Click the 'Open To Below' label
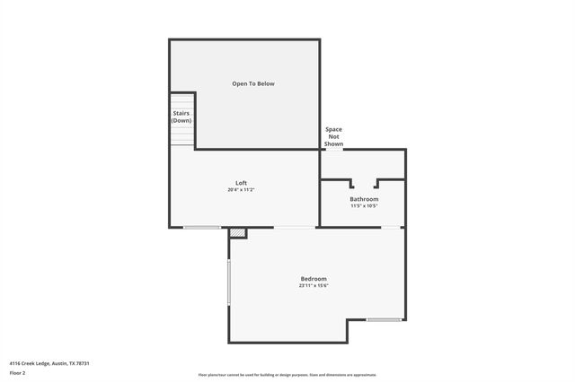click(x=253, y=83)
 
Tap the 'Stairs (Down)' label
click(x=181, y=117)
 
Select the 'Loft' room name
click(x=242, y=183)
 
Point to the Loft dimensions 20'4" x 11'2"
click(x=242, y=190)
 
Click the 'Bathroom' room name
click(x=364, y=199)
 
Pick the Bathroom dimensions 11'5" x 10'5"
click(x=364, y=206)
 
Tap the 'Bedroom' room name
click(x=314, y=279)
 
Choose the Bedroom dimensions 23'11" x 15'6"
click(x=314, y=286)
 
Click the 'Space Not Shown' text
click(x=333, y=136)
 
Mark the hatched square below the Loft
click(x=237, y=233)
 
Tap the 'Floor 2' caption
click(x=17, y=372)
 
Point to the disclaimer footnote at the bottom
click(x=287, y=375)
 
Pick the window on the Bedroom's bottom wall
click(x=385, y=319)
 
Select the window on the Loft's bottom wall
click(x=202, y=228)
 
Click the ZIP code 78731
click(x=83, y=363)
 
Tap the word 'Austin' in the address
click(x=60, y=363)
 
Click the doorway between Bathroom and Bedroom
click(x=393, y=228)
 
